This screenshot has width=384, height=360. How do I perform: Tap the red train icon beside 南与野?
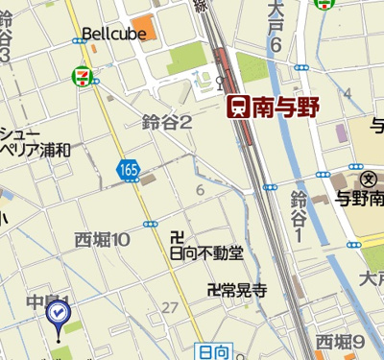coord(236,108)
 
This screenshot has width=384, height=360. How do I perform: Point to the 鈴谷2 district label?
coord(167,121)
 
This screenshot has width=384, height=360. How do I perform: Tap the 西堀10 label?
coord(103,239)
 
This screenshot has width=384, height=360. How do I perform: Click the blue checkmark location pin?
coord(58,313)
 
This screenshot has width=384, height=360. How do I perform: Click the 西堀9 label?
coord(341,342)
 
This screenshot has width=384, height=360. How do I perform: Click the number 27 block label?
coord(171,307)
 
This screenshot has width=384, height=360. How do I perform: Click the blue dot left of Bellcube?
coord(77,41)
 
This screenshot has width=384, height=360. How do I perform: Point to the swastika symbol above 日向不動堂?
coord(176,237)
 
